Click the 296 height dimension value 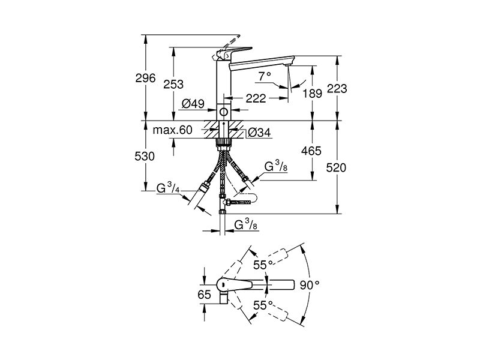(145, 78)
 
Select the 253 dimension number (173, 84)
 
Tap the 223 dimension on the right (337, 89)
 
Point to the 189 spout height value (312, 94)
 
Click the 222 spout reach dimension (256, 98)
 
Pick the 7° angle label (265, 76)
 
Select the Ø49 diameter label (193, 104)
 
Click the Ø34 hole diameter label (259, 133)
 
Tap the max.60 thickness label (173, 130)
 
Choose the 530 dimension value (145, 157)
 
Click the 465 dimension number (311, 151)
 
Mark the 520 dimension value (336, 168)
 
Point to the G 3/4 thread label (168, 188)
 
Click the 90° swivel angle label (309, 286)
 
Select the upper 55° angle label (263, 265)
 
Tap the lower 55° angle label (263, 305)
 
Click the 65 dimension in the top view (204, 295)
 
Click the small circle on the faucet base (224, 112)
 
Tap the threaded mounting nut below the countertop (224, 142)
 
